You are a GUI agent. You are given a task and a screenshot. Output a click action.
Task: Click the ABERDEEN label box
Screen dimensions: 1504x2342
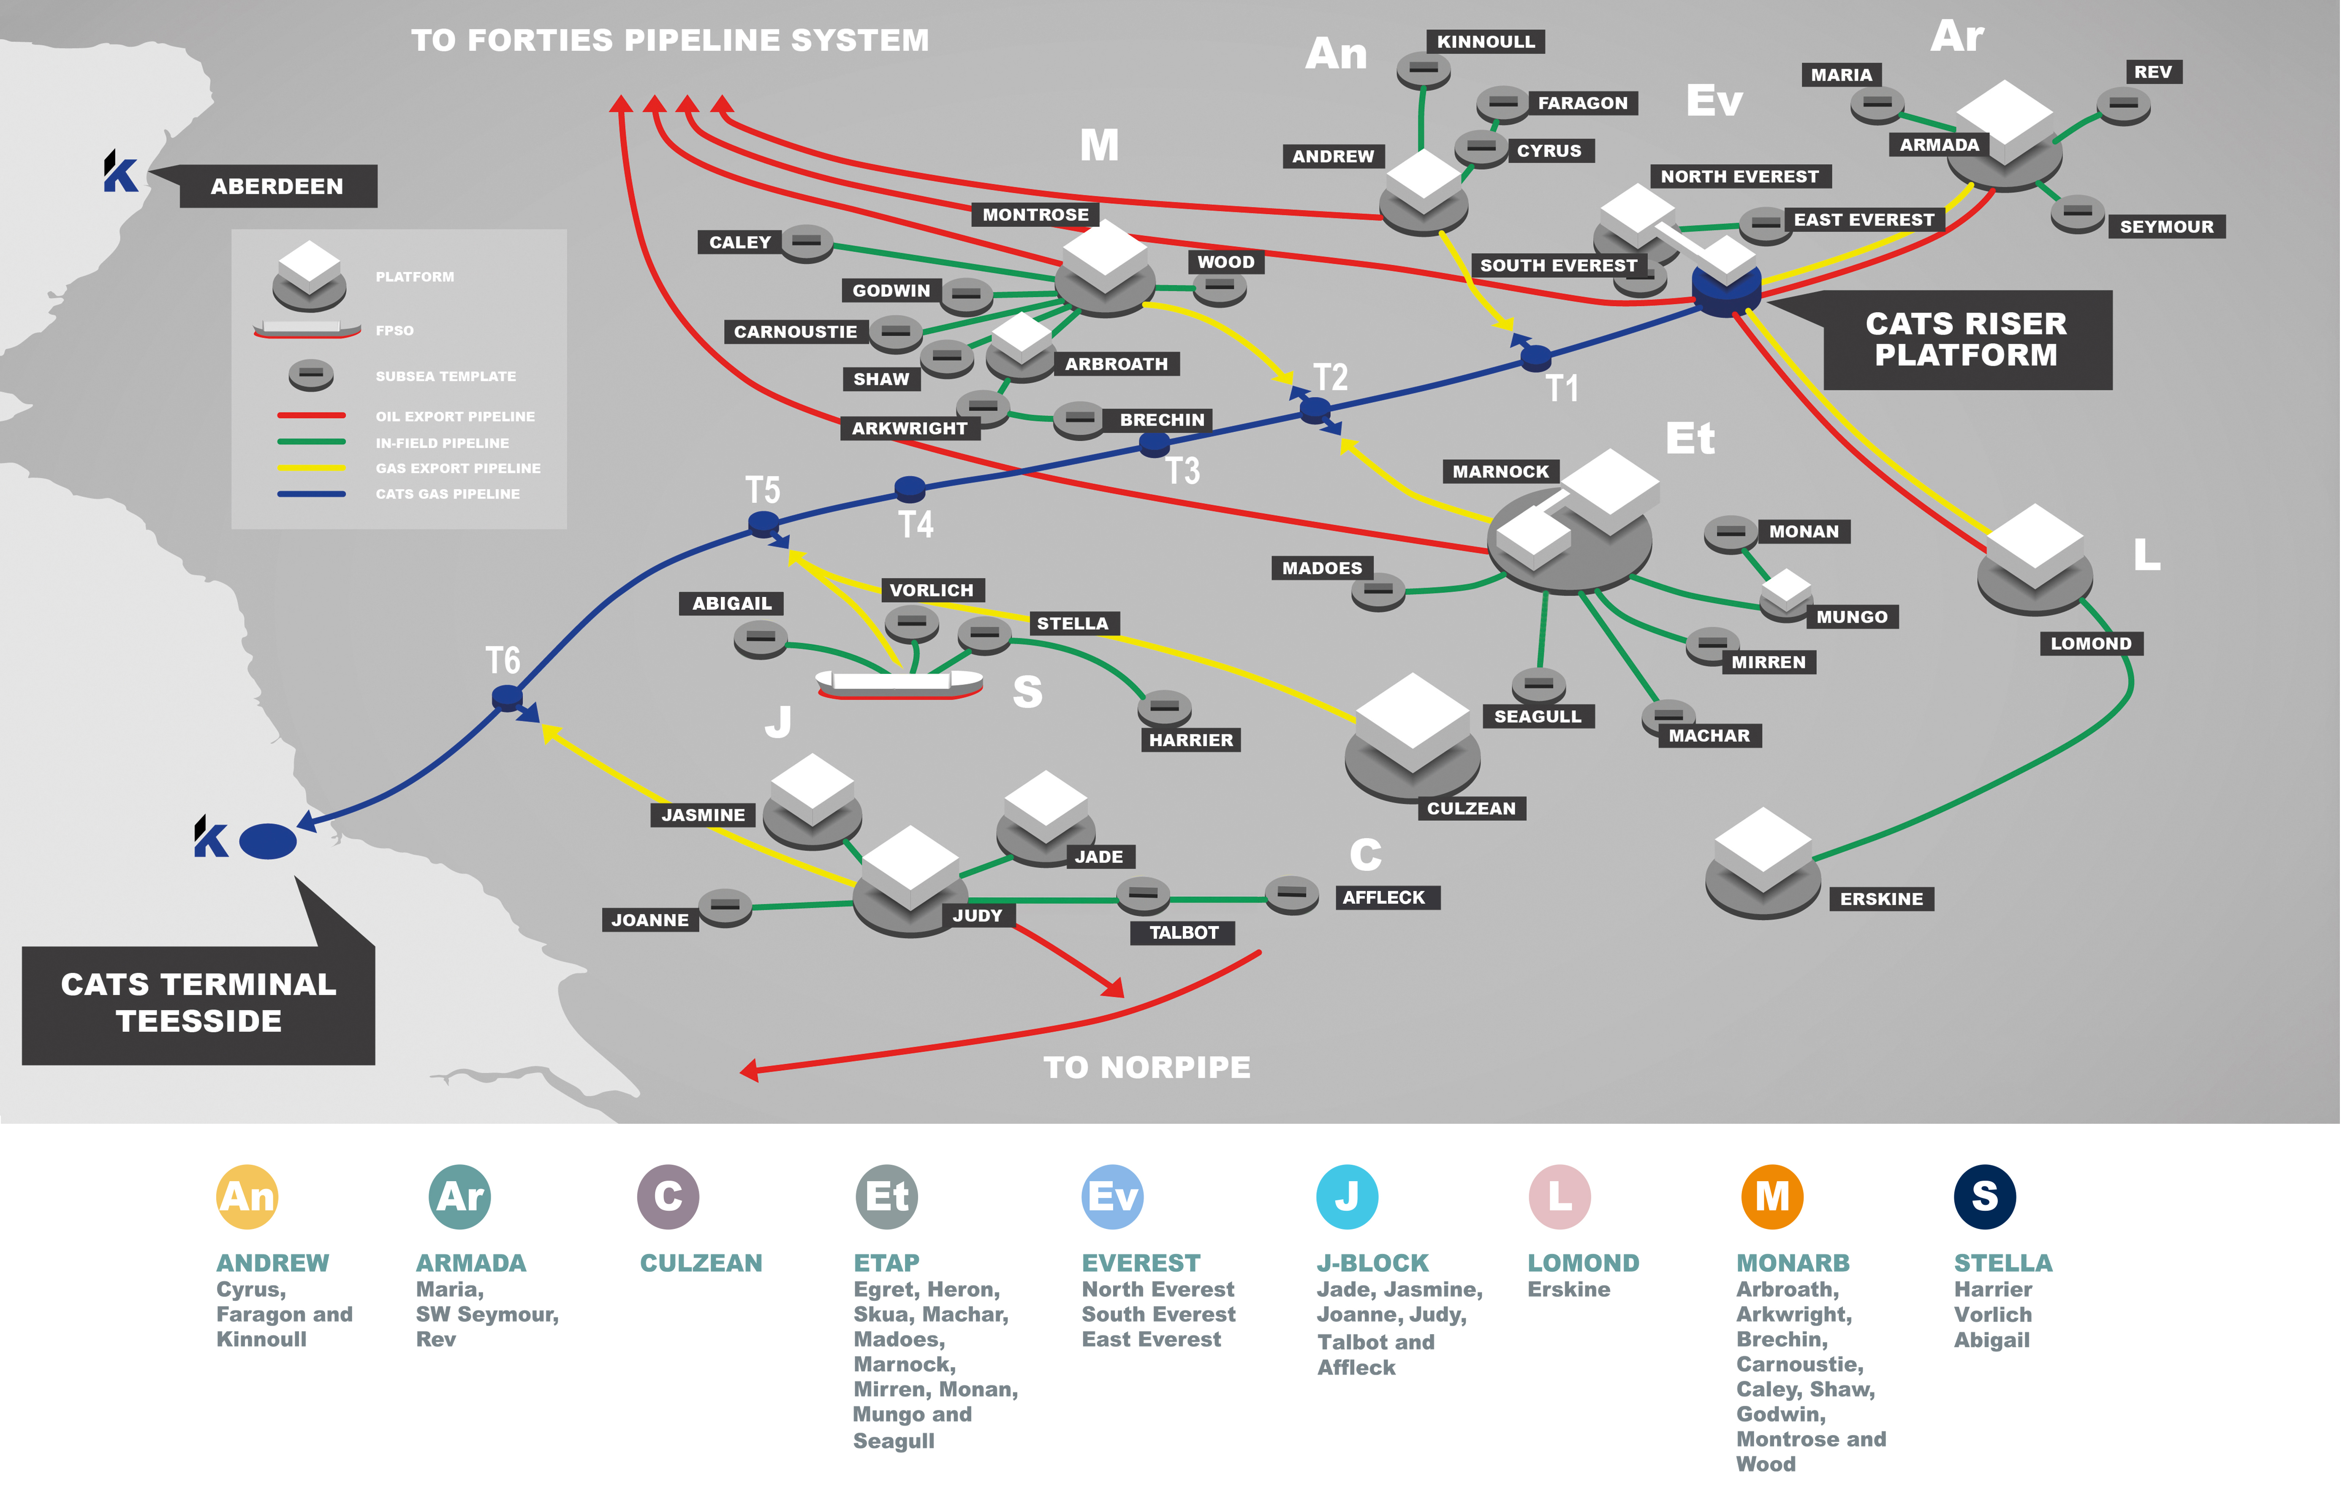pyautogui.click(x=277, y=187)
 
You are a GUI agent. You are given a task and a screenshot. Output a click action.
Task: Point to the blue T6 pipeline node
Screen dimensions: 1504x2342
pyautogui.click(x=507, y=698)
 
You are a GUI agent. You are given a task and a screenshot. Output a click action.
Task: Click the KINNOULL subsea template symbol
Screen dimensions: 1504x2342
pyautogui.click(x=1424, y=69)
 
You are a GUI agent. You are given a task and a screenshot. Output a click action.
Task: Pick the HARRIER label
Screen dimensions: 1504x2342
pyautogui.click(x=1190, y=740)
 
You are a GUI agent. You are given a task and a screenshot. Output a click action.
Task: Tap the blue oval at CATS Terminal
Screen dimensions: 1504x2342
pyautogui.click(x=267, y=841)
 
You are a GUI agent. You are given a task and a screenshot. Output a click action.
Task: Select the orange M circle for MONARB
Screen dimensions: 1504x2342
pyautogui.click(x=1772, y=1196)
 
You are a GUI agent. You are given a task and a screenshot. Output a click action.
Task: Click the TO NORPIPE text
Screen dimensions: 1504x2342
pyautogui.click(x=1147, y=1068)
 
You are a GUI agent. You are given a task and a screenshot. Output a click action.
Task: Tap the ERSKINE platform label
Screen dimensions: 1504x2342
pyautogui.click(x=1881, y=899)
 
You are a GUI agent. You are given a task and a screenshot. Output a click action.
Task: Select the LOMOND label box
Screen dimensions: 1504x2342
pyautogui.click(x=2090, y=643)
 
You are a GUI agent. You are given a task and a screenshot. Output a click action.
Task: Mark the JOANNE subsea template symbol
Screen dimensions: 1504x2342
pyautogui.click(x=724, y=906)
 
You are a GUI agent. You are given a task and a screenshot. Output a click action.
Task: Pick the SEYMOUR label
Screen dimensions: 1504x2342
pyautogui.click(x=2166, y=226)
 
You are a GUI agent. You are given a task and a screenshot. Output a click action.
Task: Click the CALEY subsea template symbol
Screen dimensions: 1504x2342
pyautogui.click(x=807, y=242)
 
